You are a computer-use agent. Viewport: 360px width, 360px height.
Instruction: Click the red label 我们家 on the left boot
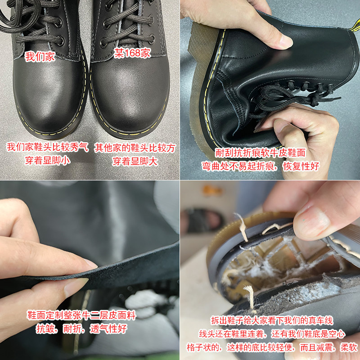tap(40, 57)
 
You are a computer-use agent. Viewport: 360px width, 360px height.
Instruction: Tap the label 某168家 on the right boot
tap(132, 53)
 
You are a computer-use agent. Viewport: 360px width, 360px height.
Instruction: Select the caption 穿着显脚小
tap(48, 161)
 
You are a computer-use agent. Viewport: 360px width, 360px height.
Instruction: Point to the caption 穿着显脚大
tap(135, 161)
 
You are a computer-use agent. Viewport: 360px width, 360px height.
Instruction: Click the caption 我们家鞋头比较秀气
tap(48, 147)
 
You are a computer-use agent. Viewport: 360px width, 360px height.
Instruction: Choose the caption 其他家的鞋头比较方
tap(135, 148)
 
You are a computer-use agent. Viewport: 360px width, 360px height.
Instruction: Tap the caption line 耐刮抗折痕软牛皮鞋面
tap(261, 153)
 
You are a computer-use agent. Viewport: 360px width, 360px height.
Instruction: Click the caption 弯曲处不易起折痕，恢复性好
tap(261, 166)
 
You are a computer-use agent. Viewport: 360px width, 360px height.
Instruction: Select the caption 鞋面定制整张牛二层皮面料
tap(81, 315)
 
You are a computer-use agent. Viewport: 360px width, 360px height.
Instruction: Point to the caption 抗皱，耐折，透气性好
tap(81, 329)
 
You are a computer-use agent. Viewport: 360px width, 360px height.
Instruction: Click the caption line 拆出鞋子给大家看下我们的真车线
tap(272, 320)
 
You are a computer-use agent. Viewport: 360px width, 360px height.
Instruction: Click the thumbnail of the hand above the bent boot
tap(285, 41)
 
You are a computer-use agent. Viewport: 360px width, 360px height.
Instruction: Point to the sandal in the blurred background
tap(202, 220)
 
